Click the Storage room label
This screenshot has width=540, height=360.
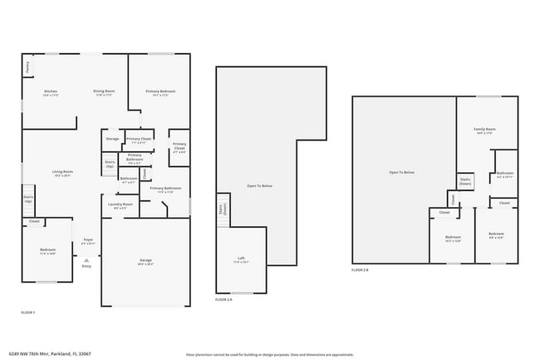point(112,139)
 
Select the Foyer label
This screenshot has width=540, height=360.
point(88,240)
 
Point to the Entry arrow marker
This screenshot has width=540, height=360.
point(86,261)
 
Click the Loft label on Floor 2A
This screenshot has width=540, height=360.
point(242,259)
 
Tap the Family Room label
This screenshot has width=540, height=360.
point(484,130)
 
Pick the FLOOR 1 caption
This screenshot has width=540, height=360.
point(28,312)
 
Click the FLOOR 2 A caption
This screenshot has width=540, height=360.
point(223,299)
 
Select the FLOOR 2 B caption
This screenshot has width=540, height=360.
point(360,270)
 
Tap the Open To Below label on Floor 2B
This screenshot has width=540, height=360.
point(402,172)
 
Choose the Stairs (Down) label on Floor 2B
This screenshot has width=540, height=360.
point(465,180)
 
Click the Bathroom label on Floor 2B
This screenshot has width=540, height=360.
point(505,173)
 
